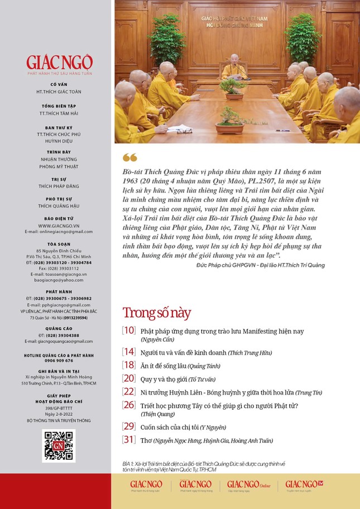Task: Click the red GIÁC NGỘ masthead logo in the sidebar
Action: click(59, 63)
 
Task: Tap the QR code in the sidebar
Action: click(59, 446)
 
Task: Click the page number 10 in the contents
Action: click(129, 330)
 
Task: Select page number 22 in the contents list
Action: click(129, 391)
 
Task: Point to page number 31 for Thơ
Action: click(129, 440)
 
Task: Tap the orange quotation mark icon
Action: click(129, 157)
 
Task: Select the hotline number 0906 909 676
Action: click(59, 361)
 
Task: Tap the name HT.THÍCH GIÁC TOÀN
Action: click(59, 91)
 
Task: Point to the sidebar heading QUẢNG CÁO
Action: click(59, 329)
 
